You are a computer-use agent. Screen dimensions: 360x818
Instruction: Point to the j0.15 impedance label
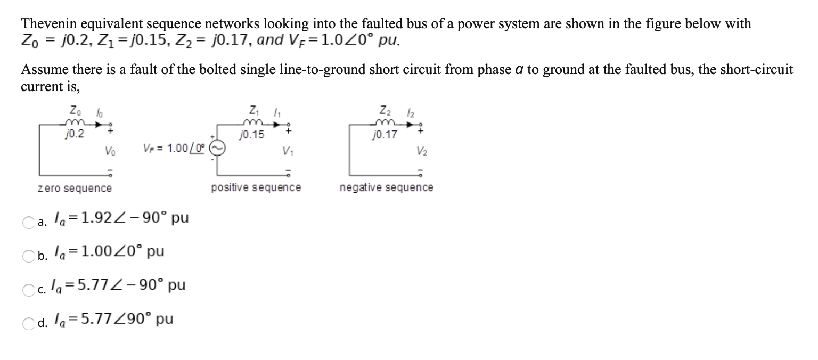(252, 134)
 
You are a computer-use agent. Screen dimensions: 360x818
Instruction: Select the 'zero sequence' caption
(75, 188)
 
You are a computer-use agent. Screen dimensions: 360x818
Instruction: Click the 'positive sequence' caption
(256, 187)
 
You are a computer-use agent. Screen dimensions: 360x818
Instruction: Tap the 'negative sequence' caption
(386, 187)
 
